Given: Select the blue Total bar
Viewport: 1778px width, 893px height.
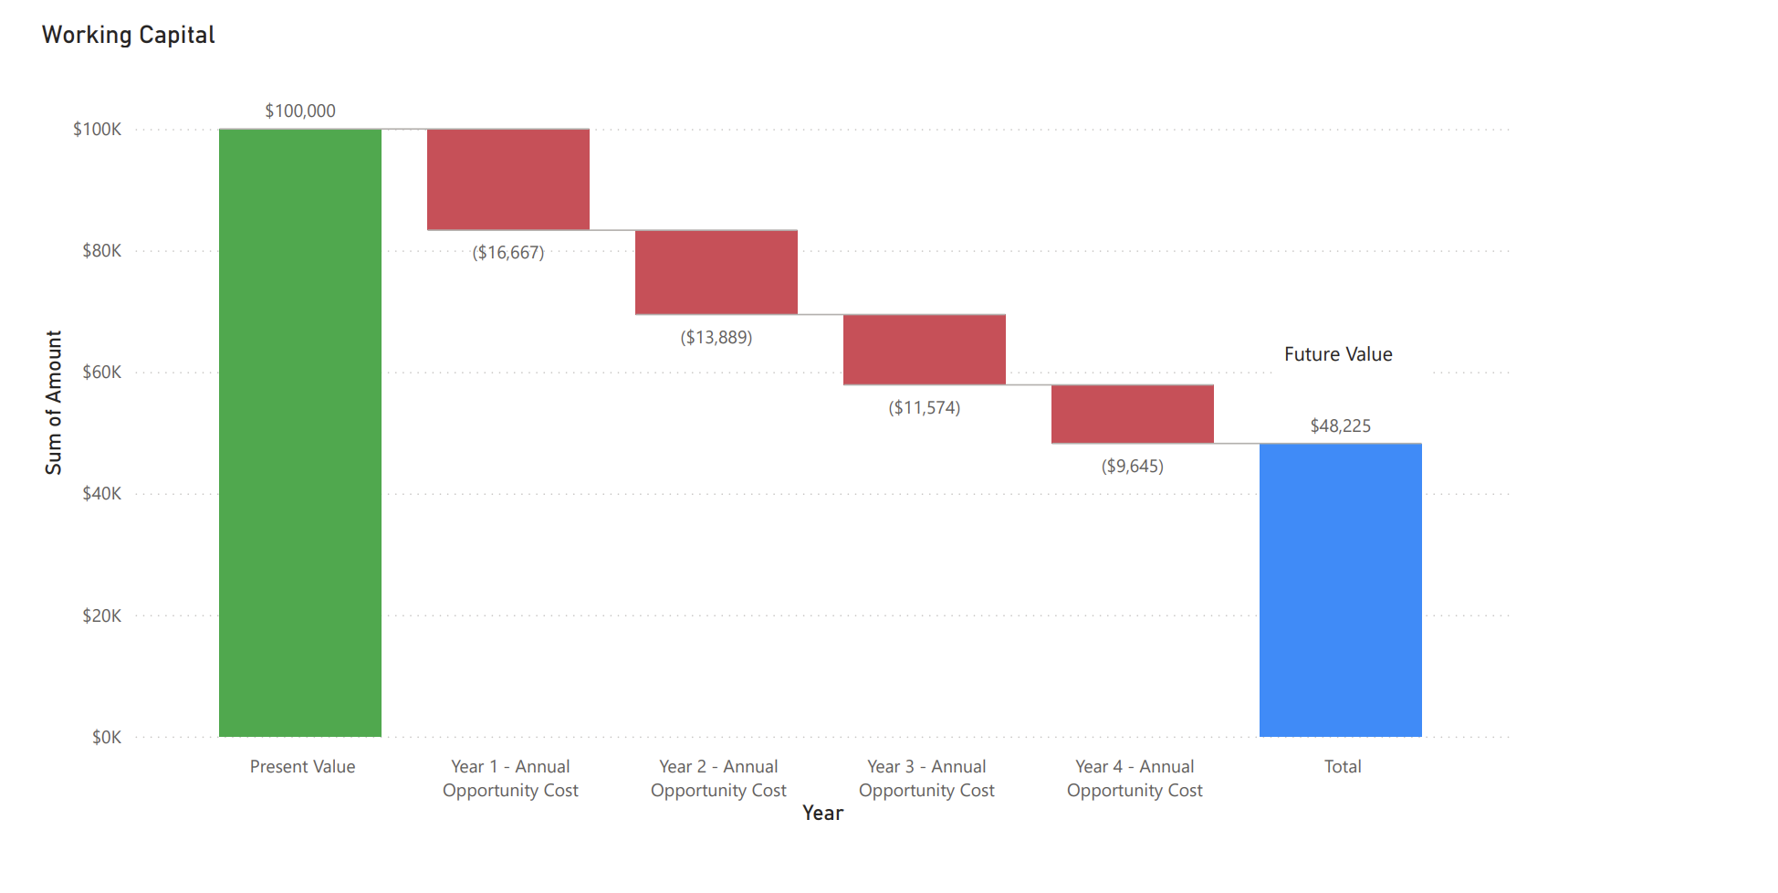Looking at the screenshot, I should click(1340, 589).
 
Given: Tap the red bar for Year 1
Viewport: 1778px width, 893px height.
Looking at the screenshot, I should click(507, 179).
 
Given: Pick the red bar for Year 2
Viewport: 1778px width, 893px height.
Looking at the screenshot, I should click(716, 272).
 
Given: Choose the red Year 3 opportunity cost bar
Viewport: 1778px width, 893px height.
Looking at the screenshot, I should click(924, 349).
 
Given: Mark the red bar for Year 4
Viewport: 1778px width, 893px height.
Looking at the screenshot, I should click(1132, 414).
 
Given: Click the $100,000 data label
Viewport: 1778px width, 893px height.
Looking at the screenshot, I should click(300, 110).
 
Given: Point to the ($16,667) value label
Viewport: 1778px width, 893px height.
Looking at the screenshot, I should click(507, 252).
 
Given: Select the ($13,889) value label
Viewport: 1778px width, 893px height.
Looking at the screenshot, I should click(716, 337).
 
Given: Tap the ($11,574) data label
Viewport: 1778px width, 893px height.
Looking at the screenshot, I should click(924, 407).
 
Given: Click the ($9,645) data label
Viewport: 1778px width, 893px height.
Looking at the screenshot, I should click(1132, 466).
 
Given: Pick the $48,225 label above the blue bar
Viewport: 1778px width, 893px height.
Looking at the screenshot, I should click(1340, 425).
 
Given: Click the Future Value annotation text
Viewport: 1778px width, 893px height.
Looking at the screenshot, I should click(1338, 354).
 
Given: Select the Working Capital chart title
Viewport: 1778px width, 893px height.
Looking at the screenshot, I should click(129, 35).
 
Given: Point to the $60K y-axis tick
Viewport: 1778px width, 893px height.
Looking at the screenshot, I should click(101, 372).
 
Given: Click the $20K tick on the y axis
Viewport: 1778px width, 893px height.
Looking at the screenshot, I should click(101, 615).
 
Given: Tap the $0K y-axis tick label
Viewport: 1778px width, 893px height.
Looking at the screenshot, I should click(106, 737).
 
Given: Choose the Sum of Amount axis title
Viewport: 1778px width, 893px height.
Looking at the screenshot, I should click(54, 402).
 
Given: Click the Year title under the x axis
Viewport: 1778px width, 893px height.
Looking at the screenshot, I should click(822, 813).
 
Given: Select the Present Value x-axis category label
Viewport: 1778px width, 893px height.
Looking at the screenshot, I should click(302, 766).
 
